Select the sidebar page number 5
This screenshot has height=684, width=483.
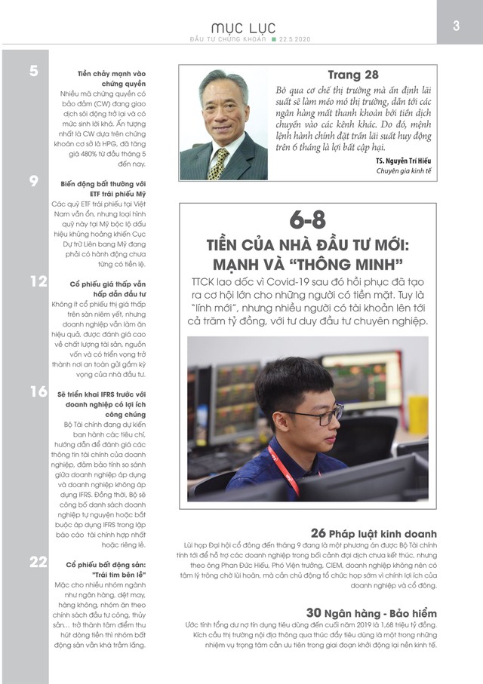[34, 72]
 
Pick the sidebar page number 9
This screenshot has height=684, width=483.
[34, 180]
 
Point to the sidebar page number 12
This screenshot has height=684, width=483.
[38, 282]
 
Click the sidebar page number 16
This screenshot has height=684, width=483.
[38, 391]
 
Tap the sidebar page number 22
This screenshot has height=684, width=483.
[38, 562]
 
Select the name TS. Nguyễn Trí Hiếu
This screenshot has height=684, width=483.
[398, 160]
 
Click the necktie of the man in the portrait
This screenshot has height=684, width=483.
[220, 161]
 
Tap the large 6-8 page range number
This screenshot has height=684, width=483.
[307, 220]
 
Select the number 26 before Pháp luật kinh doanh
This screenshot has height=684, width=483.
[318, 529]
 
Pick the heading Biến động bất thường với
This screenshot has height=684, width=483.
[103, 183]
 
